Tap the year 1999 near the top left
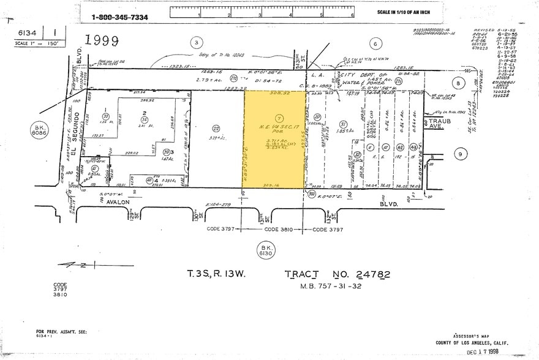pyautogui.click(x=101, y=40)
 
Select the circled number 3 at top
pyautogui.click(x=196, y=43)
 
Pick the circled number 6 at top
pyautogui.click(x=375, y=43)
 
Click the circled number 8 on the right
pyautogui.click(x=458, y=84)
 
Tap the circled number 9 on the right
pyautogui.click(x=460, y=155)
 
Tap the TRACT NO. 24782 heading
pyautogui.click(x=337, y=275)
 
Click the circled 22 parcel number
pyautogui.click(x=216, y=129)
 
